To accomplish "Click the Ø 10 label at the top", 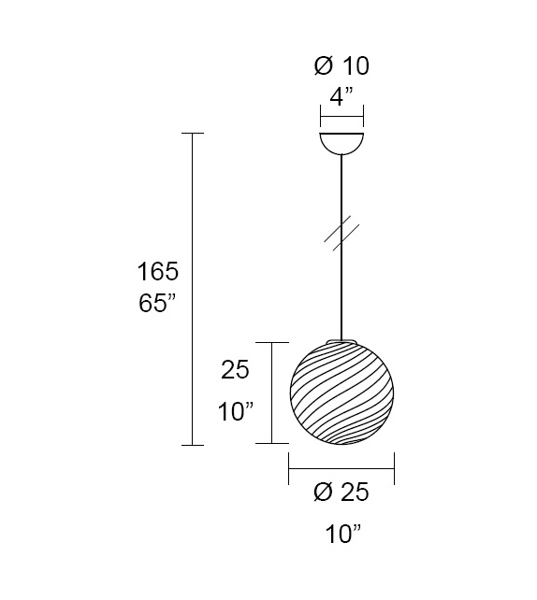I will click(341, 65).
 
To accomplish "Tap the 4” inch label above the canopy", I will click(341, 95).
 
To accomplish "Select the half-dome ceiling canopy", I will click(342, 143).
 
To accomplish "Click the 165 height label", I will click(157, 272).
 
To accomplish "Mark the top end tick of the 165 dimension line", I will click(192, 134).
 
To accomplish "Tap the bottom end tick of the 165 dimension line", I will click(192, 445).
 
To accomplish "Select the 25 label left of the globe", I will click(236, 370).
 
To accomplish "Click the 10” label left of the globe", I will click(236, 410).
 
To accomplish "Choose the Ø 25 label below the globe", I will click(341, 493).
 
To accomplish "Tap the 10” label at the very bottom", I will click(343, 535).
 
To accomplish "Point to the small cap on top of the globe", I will click(342, 340).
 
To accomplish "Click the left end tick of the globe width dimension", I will click(289, 469).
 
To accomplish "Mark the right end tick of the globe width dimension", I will click(395, 469).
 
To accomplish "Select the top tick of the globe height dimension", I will click(271, 343).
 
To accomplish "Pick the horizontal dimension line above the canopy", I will click(342, 119).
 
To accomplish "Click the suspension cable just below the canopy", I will click(342, 173).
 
